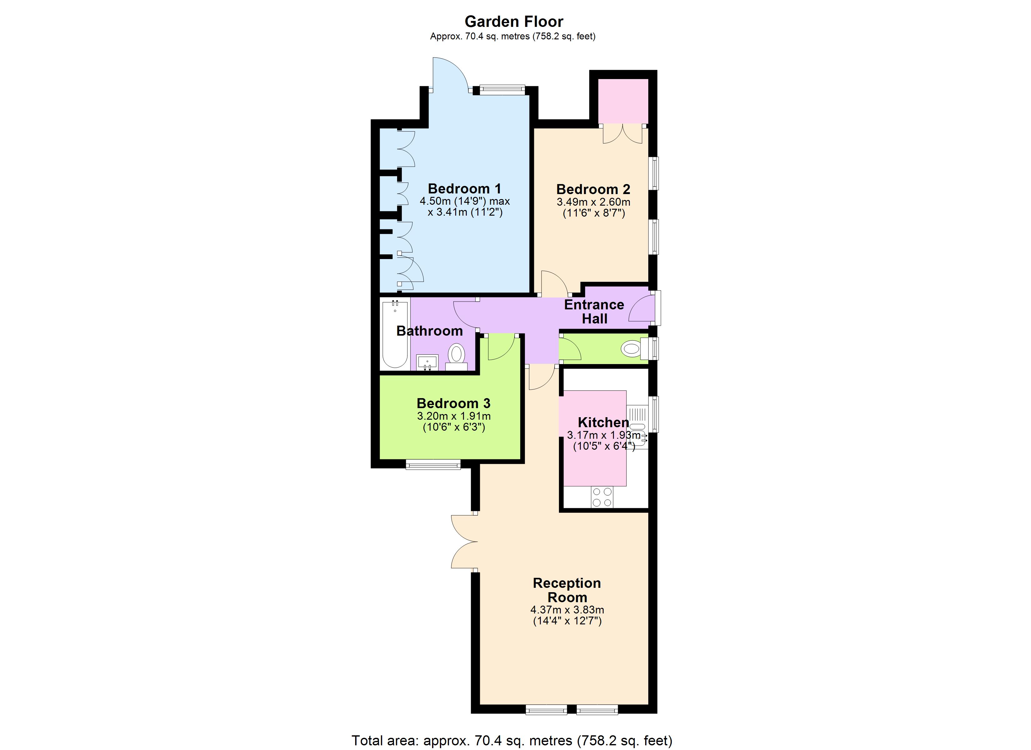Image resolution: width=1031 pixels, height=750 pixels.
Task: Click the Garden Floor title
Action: (514, 21)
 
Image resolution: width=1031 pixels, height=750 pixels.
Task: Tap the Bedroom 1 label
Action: (464, 188)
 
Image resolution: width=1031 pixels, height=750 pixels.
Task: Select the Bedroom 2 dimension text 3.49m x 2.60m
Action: (593, 202)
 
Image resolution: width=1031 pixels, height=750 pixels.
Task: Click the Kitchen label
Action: (603, 422)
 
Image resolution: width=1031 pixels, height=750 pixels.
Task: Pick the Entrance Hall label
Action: (594, 312)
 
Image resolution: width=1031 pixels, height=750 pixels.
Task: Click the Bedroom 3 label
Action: (453, 403)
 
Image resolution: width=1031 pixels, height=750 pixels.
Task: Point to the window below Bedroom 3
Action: (433, 464)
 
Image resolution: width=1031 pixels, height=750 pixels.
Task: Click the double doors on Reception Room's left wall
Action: (464, 542)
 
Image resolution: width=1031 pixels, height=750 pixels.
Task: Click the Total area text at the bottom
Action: (511, 740)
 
